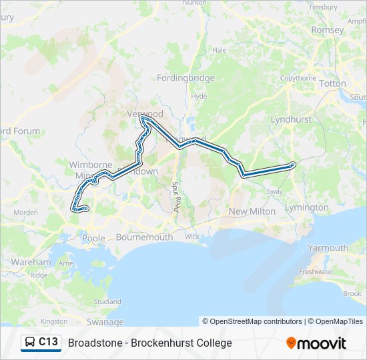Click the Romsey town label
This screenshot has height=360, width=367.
[328, 30]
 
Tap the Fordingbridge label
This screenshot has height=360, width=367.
[186, 78]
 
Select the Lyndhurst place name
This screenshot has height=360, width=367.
[291, 119]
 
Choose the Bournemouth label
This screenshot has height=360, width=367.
[144, 237]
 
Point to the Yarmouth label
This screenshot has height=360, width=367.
[328, 248]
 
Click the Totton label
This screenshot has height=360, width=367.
[333, 83]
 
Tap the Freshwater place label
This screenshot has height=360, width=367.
[316, 272]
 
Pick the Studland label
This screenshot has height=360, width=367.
[107, 301]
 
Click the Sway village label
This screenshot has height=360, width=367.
[275, 191]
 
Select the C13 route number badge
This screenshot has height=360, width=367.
[48, 342]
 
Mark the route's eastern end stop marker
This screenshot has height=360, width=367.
[293, 165]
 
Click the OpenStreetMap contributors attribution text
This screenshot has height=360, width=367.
[252, 321]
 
